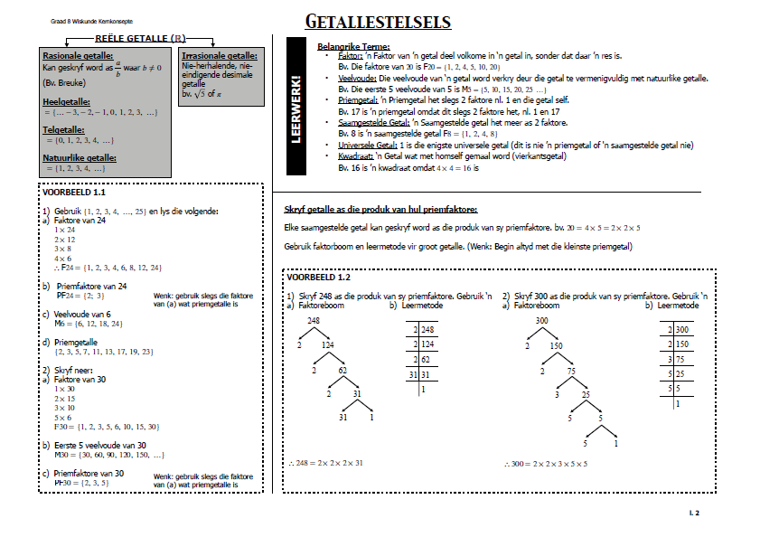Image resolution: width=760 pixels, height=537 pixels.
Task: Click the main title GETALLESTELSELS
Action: pyautogui.click(x=378, y=22)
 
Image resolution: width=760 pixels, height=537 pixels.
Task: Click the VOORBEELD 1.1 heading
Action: pyautogui.click(x=75, y=193)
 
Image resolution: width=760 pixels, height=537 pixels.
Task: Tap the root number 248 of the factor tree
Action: pyautogui.click(x=314, y=321)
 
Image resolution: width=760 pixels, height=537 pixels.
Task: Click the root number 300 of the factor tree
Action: pyautogui.click(x=542, y=321)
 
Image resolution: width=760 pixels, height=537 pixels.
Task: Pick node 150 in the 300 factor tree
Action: pyautogui.click(x=557, y=344)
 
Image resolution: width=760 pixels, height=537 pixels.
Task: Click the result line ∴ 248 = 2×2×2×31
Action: pyautogui.click(x=326, y=463)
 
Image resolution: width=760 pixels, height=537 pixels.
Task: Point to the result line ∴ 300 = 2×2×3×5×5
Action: pyautogui.click(x=549, y=463)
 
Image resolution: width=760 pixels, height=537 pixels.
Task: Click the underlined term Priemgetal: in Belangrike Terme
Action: pyautogui.click(x=358, y=100)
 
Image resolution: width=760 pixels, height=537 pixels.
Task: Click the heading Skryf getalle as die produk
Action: pyautogui.click(x=380, y=210)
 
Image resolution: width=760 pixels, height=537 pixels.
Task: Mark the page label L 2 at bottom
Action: pyautogui.click(x=694, y=513)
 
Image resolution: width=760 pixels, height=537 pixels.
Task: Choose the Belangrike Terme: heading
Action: pyautogui.click(x=354, y=46)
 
